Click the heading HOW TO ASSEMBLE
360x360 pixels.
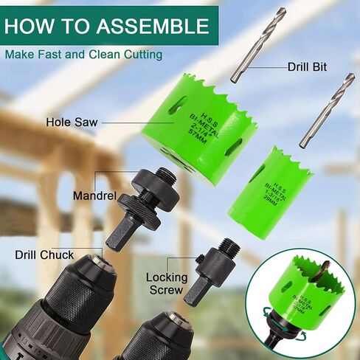pyautogui.click(x=106, y=27)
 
